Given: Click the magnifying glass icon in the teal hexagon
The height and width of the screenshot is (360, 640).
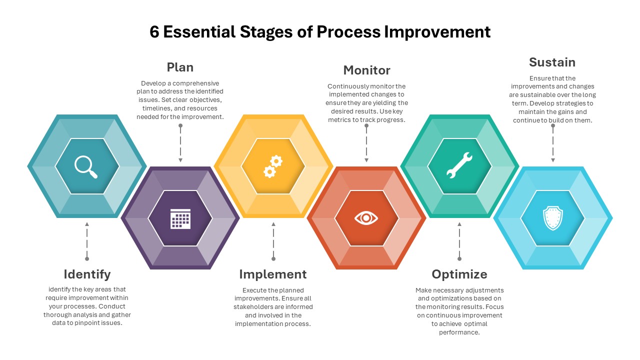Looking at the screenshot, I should (86, 166).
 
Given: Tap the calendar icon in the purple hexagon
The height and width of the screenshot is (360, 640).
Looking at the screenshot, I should (180, 218).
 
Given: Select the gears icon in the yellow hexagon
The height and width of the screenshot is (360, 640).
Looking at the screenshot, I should (273, 166).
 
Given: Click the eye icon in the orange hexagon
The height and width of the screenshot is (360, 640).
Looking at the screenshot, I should (366, 218).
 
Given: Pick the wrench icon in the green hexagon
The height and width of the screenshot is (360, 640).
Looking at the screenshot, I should (459, 166).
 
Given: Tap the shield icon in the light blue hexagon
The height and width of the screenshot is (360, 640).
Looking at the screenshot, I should (552, 218).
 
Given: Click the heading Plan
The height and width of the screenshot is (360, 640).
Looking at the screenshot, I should (180, 67).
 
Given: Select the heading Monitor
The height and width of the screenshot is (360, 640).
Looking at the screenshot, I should (366, 70).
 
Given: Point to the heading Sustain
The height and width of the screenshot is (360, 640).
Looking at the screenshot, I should (552, 62).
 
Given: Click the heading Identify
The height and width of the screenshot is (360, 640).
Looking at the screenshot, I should (87, 274).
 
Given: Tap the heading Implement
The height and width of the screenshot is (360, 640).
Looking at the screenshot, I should (272, 274).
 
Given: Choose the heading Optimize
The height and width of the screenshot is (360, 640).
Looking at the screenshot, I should (459, 274).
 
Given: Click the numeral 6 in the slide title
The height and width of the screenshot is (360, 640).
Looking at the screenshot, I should (154, 32).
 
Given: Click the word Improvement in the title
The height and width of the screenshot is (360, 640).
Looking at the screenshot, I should (437, 32).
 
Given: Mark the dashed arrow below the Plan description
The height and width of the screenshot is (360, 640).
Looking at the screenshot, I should (180, 143).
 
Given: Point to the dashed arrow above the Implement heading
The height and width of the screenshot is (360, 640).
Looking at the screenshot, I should (273, 241).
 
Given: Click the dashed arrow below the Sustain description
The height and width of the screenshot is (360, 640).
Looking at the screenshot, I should (552, 143).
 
